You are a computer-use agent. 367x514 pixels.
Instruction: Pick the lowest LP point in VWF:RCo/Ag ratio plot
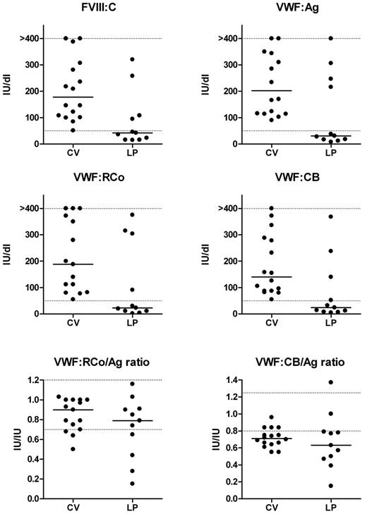pos(112,484)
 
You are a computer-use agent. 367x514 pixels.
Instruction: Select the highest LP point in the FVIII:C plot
pos(112,59)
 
